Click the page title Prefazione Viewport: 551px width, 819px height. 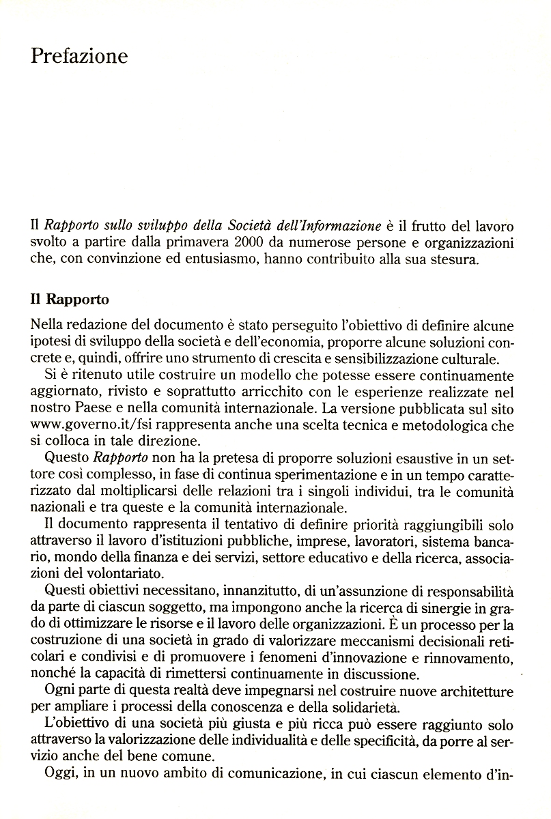[79, 56]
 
